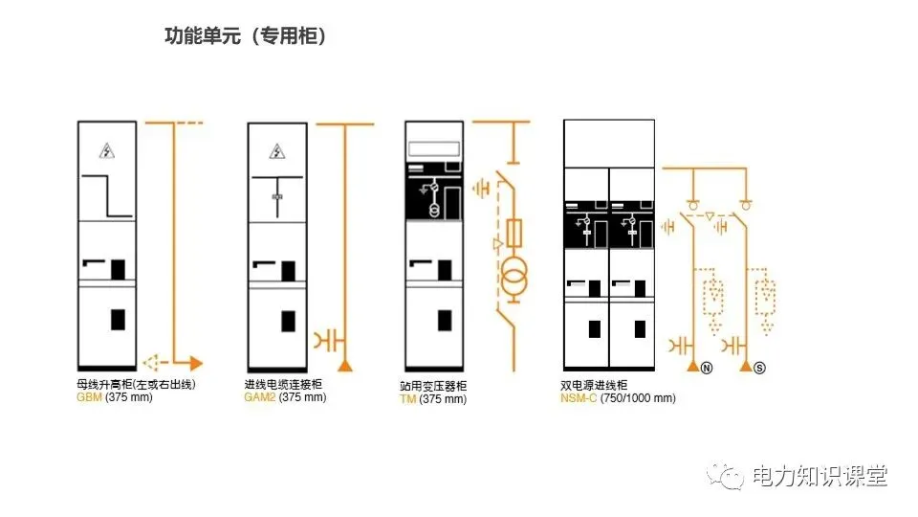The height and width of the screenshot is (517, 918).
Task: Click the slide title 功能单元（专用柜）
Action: [x=247, y=36]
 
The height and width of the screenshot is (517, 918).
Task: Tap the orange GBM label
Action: [x=89, y=397]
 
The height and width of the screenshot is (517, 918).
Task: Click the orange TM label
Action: [x=407, y=399]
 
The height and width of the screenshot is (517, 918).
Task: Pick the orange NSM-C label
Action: [x=580, y=398]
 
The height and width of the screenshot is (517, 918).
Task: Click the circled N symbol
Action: [x=707, y=368]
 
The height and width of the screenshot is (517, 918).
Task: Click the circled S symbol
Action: [x=760, y=368]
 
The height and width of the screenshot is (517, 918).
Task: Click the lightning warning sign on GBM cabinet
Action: [x=107, y=151]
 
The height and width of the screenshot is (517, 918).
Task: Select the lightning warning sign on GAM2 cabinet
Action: [x=277, y=151]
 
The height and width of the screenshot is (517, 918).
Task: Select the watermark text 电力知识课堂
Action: [x=820, y=475]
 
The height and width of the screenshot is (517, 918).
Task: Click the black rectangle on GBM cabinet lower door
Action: [x=119, y=320]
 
